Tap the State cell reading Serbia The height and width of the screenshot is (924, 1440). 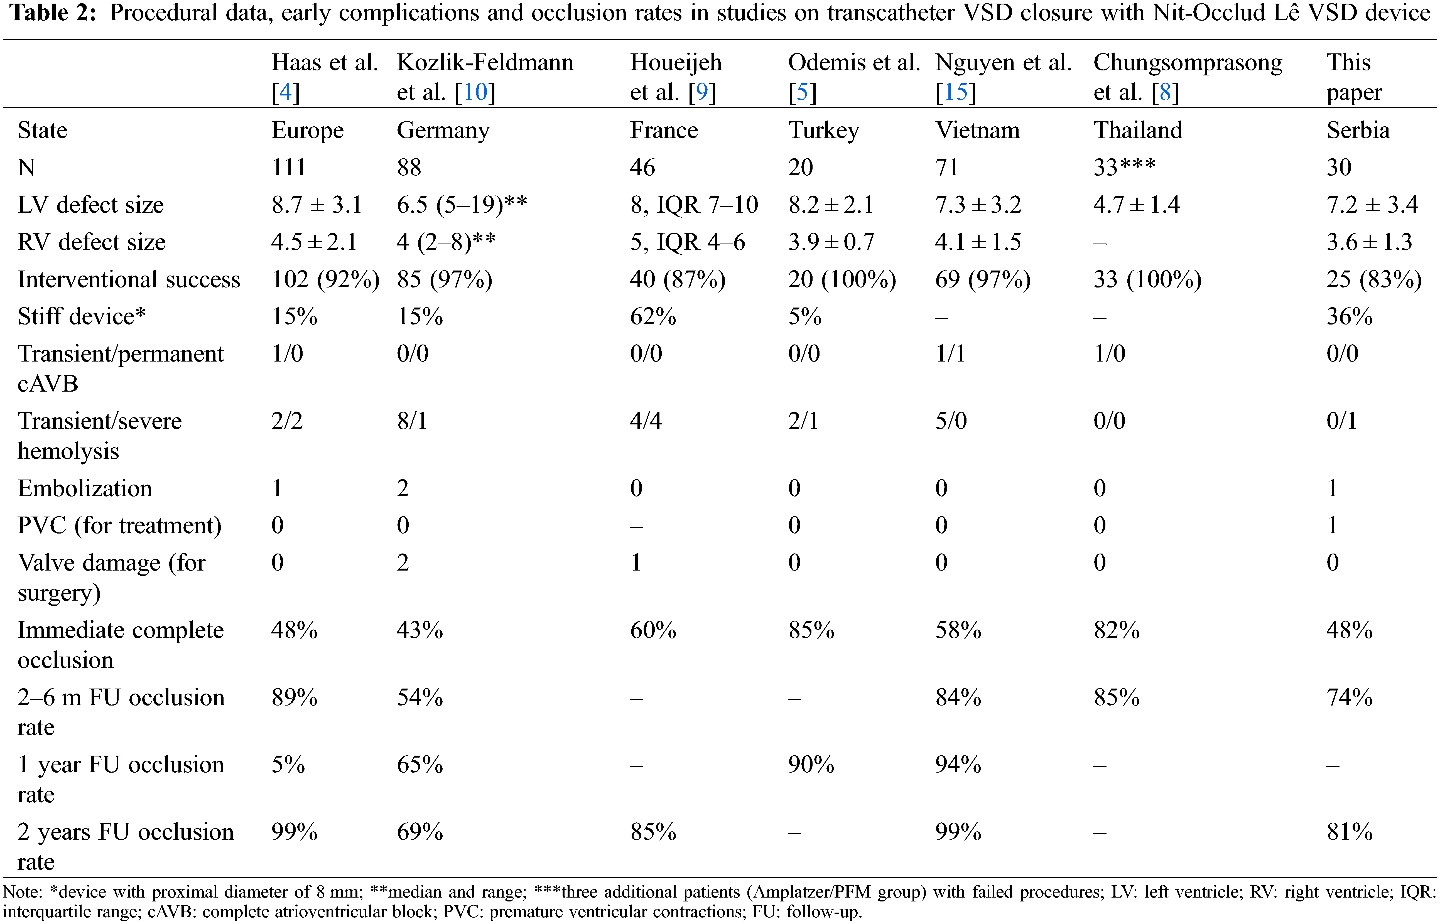click(x=1357, y=130)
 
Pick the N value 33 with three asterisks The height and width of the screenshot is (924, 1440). click(x=1124, y=167)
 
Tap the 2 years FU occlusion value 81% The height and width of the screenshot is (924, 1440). click(x=1349, y=832)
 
